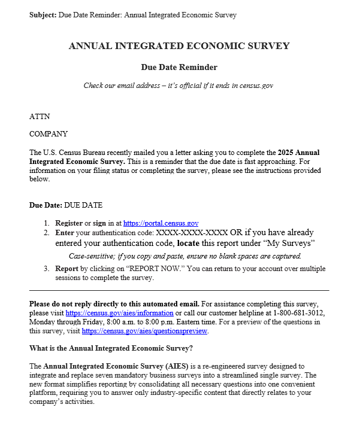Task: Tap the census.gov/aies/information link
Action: (x=119, y=313)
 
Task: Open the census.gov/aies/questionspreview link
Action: (x=144, y=331)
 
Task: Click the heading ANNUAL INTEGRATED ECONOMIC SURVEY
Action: (x=179, y=46)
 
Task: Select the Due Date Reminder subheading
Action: (x=179, y=67)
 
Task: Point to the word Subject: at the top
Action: (x=43, y=15)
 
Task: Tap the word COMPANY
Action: (x=49, y=134)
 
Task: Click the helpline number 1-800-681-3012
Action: (x=300, y=313)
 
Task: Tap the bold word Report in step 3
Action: (x=66, y=269)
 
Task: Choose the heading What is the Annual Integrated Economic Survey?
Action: (x=111, y=348)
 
